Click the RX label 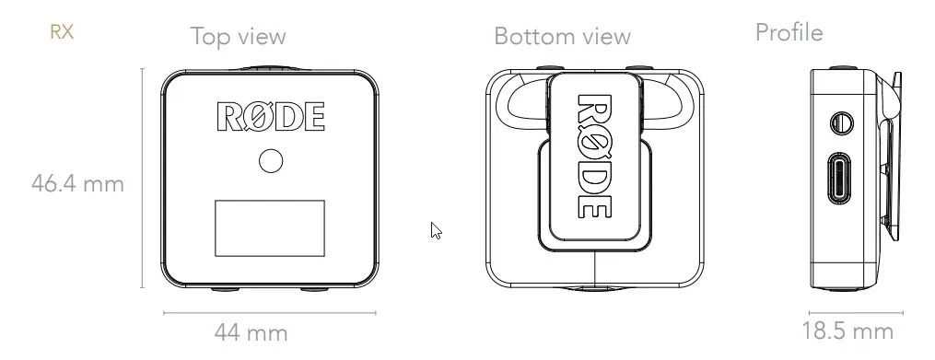coord(62,31)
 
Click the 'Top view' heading coord(239,36)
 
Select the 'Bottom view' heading coord(562,36)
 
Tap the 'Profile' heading coord(789,32)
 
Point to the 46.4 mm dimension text coord(77,183)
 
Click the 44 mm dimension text coord(251,332)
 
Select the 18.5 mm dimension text coord(847,331)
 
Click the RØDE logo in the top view coord(271,116)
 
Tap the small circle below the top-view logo coord(271,161)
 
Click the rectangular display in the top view coord(270,228)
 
